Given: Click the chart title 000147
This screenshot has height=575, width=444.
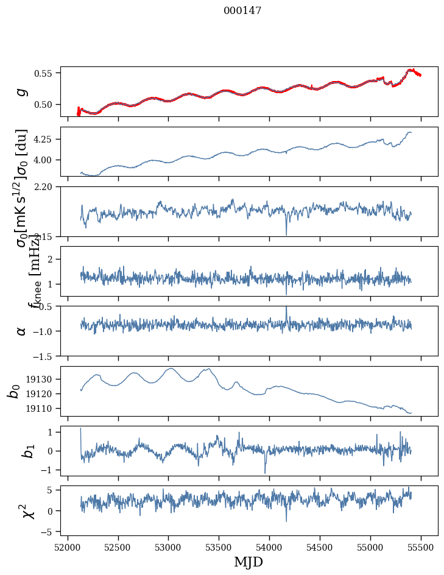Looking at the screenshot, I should pos(242,11).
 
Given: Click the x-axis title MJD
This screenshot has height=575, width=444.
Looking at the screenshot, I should pos(248,562).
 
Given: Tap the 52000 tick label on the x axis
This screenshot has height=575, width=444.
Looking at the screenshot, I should pos(68,546).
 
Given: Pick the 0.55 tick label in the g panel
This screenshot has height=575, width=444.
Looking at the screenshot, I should pos(44,73).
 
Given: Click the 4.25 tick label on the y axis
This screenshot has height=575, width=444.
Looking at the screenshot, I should pos(44,139).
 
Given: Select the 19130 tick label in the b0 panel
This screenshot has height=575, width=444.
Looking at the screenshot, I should pos(41,379).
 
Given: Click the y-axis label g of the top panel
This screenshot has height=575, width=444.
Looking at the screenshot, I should pos(22,92).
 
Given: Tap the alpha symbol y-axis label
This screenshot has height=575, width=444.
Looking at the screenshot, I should pos(22,331).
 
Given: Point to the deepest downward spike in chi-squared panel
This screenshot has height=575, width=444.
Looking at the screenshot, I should pos(286,521).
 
